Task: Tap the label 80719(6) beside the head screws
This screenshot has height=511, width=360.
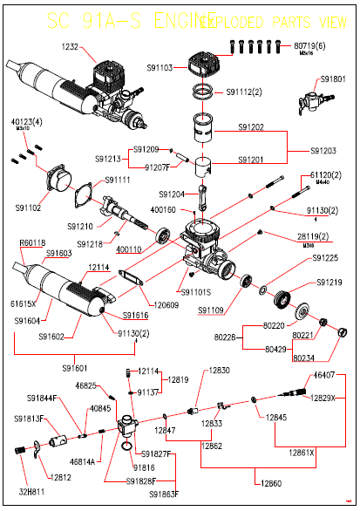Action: pyautogui.click(x=310, y=43)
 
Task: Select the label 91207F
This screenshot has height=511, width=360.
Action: pyautogui.click(x=158, y=166)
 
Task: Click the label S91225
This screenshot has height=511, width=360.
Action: pyautogui.click(x=326, y=258)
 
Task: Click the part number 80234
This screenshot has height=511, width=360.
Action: pyautogui.click(x=304, y=358)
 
